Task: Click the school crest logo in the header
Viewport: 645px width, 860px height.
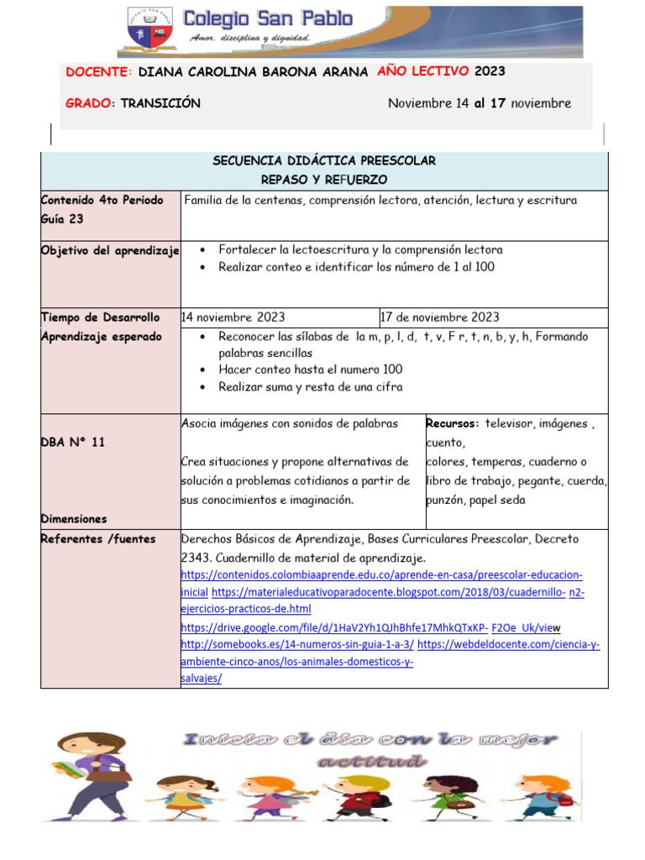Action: (150, 32)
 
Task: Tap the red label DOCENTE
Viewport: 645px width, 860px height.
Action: (98, 73)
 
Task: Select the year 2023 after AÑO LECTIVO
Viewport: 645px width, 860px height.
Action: (490, 72)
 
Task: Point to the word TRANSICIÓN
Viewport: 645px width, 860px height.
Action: (160, 103)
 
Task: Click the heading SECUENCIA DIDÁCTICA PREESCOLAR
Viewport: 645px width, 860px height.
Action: (323, 160)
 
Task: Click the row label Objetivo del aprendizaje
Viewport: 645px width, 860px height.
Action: (110, 250)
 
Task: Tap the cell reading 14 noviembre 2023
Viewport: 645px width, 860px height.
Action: (233, 317)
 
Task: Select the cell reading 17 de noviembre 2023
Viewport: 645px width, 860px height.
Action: (439, 317)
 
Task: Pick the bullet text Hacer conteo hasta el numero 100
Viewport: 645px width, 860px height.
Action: (310, 370)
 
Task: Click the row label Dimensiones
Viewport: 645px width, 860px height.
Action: (74, 519)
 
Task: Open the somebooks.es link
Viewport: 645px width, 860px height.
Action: (297, 644)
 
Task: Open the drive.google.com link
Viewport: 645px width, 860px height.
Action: (333, 627)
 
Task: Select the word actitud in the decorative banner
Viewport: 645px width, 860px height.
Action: (369, 762)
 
